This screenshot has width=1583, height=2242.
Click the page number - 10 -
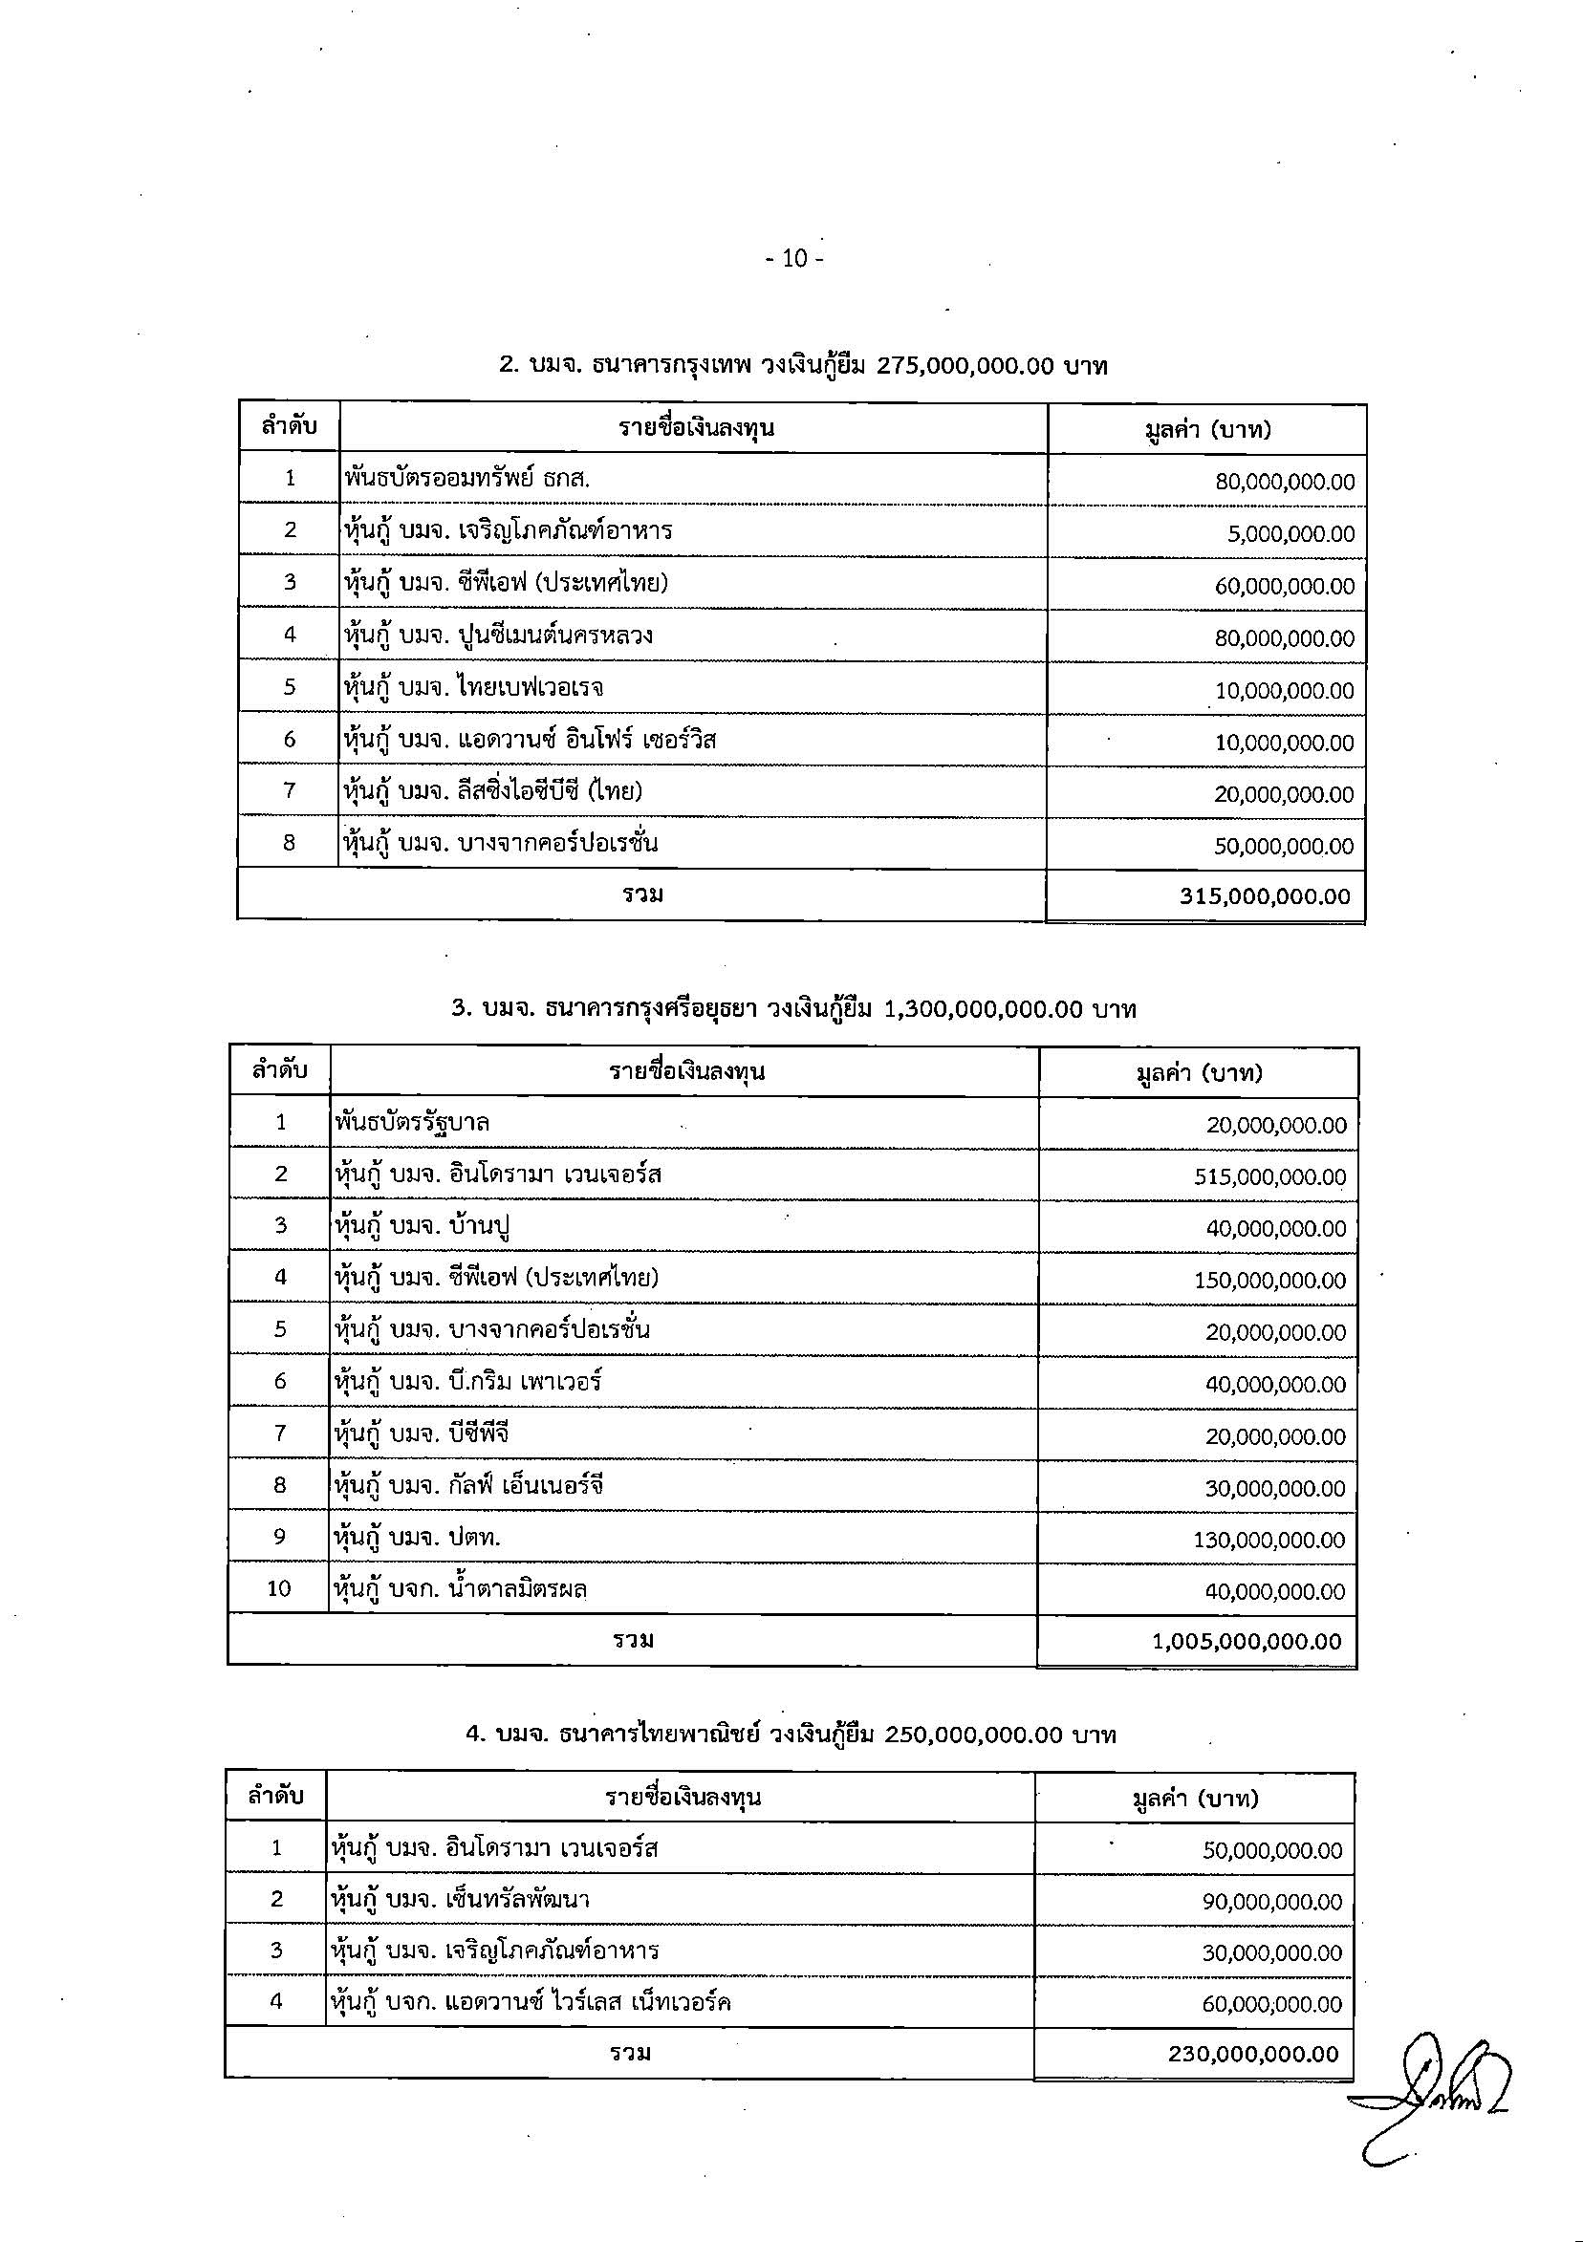click(x=794, y=259)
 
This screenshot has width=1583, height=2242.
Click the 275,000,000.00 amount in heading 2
click(x=965, y=366)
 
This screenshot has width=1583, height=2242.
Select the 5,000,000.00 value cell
click(x=1290, y=534)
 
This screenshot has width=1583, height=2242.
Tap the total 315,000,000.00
click(x=1265, y=896)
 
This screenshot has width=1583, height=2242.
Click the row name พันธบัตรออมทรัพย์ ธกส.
click(x=466, y=479)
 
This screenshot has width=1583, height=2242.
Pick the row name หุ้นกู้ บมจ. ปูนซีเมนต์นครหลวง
click(x=498, y=636)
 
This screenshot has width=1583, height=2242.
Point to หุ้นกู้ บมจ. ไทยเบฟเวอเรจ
click(x=473, y=687)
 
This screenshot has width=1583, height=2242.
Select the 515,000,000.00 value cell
click(x=1269, y=1177)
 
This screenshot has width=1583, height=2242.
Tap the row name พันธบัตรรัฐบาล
click(x=411, y=1123)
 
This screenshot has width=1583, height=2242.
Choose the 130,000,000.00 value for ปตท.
click(x=1269, y=1540)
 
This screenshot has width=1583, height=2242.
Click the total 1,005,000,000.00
click(x=1247, y=1642)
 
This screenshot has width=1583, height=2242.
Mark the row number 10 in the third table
click(x=279, y=1588)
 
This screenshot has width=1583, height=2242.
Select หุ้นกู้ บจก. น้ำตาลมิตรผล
click(x=460, y=1589)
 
